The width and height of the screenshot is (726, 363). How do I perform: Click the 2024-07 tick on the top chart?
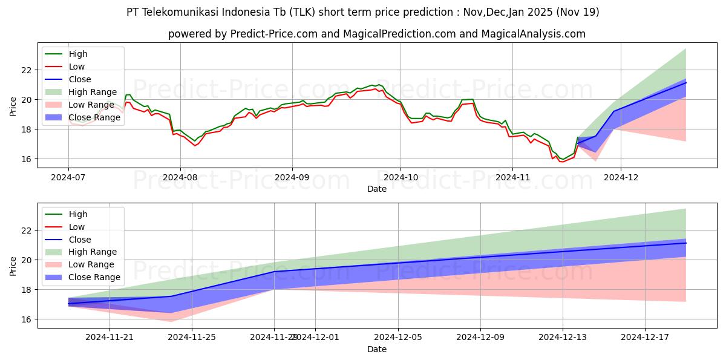[68, 177]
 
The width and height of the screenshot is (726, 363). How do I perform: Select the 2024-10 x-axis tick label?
[400, 177]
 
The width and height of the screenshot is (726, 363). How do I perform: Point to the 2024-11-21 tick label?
[110, 338]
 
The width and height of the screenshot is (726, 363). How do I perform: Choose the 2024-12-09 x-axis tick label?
[480, 338]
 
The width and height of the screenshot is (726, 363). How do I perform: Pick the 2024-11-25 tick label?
[192, 338]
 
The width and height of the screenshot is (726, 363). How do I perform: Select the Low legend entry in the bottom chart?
[77, 227]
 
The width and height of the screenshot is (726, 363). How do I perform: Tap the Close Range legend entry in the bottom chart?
[94, 277]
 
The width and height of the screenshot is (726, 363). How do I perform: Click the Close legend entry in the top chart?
[80, 79]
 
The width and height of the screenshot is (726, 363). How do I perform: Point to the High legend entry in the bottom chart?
[78, 214]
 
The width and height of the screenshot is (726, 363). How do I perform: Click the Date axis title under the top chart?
[376, 189]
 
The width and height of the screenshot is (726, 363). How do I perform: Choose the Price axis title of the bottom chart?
[13, 265]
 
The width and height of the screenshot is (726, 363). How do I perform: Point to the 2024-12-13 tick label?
[562, 338]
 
